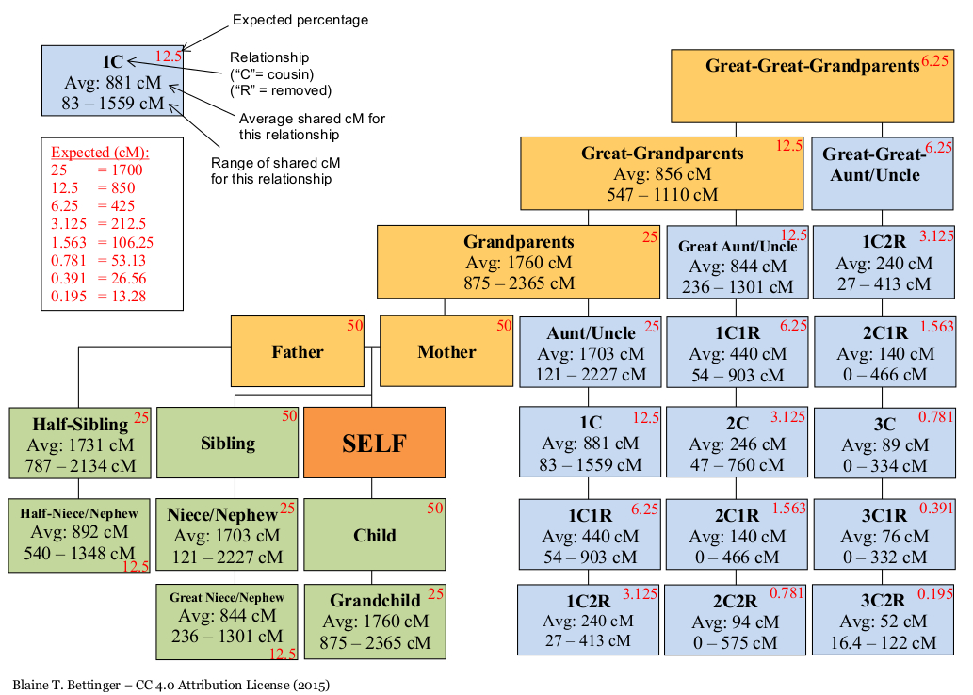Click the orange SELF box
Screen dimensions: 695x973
[374, 443]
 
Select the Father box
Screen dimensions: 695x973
[298, 351]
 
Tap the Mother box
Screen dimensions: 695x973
[446, 351]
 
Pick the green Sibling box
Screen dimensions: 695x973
[228, 443]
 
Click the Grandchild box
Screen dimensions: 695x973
[374, 622]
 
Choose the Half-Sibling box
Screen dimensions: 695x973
[79, 443]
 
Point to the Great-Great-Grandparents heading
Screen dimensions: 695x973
[812, 66]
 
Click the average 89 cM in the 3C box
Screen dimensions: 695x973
[883, 445]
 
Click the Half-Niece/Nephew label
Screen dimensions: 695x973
[79, 513]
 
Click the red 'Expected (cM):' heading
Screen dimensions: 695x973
[100, 153]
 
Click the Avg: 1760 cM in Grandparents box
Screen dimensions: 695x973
[518, 263]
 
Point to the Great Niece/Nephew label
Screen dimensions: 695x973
[227, 597]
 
